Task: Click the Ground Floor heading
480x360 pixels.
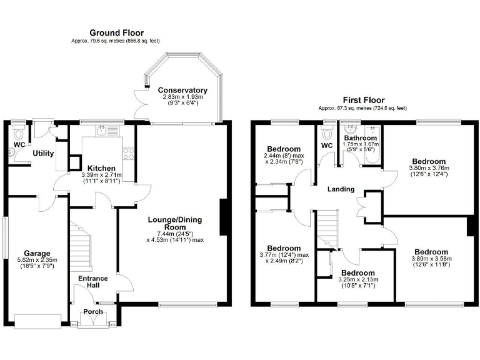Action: coord(116,32)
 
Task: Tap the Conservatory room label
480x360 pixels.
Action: coord(182,90)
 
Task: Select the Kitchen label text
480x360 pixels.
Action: coord(101,169)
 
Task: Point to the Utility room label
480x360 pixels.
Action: coord(44,153)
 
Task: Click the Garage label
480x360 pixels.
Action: coord(37,254)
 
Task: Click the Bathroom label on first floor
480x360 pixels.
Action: coord(360,138)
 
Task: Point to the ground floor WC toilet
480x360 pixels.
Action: coord(19,133)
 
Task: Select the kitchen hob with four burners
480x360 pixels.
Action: coord(129,153)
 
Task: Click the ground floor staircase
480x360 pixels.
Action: coord(81,247)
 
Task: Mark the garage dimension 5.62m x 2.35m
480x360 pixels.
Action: coord(37,263)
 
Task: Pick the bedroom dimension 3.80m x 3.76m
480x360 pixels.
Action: coord(428,171)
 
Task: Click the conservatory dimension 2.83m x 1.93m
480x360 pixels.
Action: coord(182,100)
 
